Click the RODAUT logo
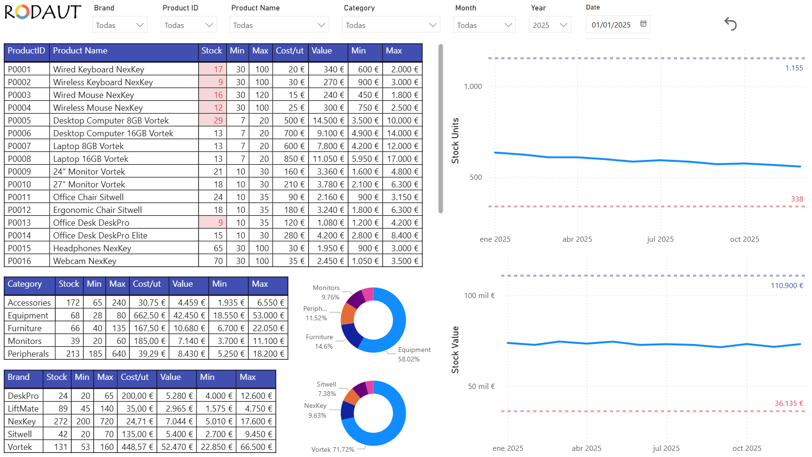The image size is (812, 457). [x=43, y=12]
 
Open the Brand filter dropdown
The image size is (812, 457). [x=119, y=25]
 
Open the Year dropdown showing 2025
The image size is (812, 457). [x=550, y=25]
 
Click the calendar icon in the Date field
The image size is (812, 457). [x=643, y=24]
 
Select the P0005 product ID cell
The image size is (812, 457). [x=19, y=121]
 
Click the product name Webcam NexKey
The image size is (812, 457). [x=85, y=261]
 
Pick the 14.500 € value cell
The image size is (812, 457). [x=328, y=121]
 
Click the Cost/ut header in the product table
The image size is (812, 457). [x=290, y=51]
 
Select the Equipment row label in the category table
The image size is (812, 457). [x=28, y=316]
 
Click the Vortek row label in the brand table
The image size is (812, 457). [x=20, y=447]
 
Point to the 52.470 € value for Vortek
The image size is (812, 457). [x=177, y=447]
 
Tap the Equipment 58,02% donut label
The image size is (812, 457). [x=414, y=354]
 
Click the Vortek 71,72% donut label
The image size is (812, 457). [x=333, y=449]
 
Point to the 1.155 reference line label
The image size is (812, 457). [x=794, y=68]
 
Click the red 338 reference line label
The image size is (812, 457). [x=797, y=199]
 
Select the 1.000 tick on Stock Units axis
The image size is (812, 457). [x=473, y=87]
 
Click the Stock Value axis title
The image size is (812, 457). [x=455, y=350]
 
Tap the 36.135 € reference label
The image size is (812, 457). [x=788, y=404]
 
